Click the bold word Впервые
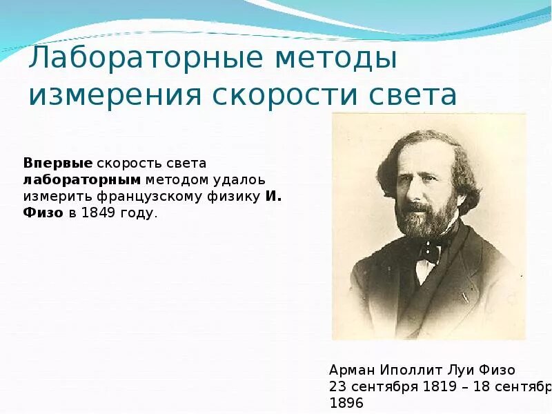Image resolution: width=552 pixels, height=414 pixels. coord(58,163)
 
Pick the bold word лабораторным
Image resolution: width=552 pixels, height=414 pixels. coord(82,180)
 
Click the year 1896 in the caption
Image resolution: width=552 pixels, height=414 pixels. coord(346,403)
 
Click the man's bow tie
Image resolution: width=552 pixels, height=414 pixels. coord(428,250)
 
